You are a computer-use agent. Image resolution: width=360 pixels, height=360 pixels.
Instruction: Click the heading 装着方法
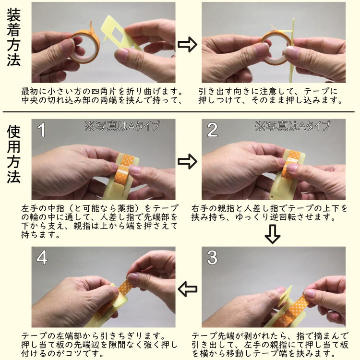coord(14,37)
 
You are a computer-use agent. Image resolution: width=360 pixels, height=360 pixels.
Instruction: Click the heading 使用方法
coord(14,154)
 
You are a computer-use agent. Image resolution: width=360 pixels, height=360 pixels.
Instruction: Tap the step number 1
coord(42,130)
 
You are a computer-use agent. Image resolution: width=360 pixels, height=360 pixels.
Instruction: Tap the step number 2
coord(212,130)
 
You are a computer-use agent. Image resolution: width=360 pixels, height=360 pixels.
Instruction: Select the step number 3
coord(212,257)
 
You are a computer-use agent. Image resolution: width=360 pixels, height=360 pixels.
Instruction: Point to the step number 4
coord(42,257)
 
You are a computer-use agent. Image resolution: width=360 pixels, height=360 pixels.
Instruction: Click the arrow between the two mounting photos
coord(187,44)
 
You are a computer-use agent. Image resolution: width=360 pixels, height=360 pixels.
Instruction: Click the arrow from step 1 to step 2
coord(187,161)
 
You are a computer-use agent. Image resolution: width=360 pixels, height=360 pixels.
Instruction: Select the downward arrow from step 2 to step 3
coord(272,234)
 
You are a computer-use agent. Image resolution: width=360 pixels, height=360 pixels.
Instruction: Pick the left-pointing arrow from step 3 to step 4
coord(187,289)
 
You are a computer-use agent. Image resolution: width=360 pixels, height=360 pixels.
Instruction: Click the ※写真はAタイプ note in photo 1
coord(122,126)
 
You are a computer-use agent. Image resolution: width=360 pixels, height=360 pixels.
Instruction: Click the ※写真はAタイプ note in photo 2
coord(292,126)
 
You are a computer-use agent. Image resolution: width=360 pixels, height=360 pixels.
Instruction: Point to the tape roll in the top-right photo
coord(276,48)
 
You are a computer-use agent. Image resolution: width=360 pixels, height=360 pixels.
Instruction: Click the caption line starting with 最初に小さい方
coord(102,92)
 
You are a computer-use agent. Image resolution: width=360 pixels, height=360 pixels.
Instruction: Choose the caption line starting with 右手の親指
coord(270,208)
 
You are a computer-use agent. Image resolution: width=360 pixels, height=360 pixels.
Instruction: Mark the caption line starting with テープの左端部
coord(94,336)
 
